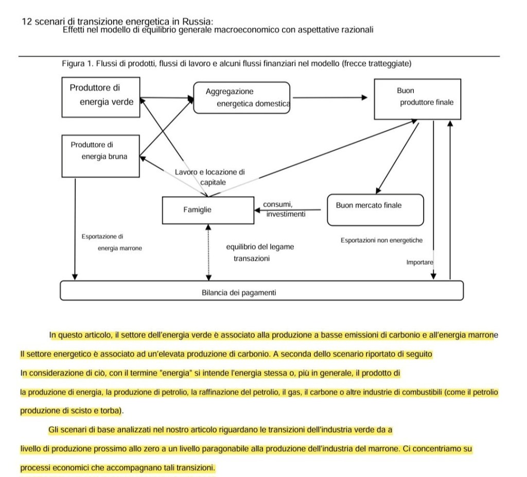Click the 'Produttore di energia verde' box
click(101, 97)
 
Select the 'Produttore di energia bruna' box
click(101, 156)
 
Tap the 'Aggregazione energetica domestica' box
click(242, 98)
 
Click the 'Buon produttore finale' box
click(417, 99)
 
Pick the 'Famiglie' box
click(208, 210)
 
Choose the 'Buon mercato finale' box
click(375, 210)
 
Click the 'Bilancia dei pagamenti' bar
click(261, 291)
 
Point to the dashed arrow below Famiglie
click(208, 252)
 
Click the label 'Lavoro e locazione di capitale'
click(210, 177)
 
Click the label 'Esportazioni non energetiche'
click(381, 241)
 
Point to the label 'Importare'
click(419, 262)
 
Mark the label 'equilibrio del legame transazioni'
click(259, 252)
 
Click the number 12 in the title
click(28, 22)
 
